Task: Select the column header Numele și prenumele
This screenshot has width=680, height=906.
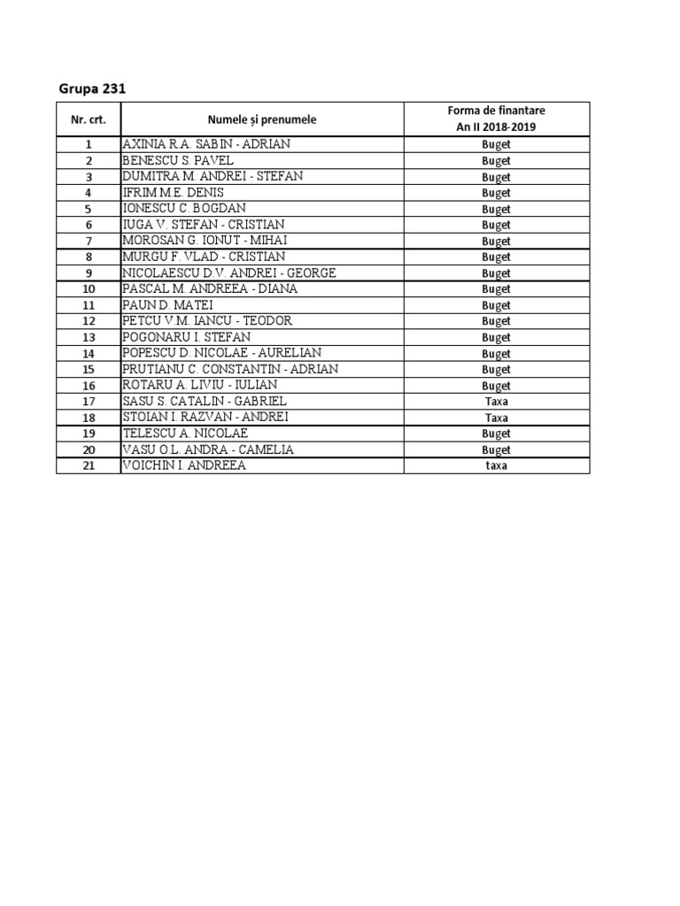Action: pos(262,119)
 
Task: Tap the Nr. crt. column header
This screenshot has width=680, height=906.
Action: pos(88,119)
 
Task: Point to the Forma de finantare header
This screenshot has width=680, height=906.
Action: pos(496,111)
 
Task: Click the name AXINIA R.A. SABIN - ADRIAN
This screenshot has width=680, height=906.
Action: pos(206,144)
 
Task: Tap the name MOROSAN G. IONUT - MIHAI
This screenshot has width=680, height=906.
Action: pos(205,241)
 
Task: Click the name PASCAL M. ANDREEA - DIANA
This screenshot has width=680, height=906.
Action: pos(211,288)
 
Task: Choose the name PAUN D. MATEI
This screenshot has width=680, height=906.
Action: pos(167,304)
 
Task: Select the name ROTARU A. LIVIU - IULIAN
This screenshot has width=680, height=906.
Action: pos(199,385)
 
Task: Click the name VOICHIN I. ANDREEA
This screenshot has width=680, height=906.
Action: pos(184,465)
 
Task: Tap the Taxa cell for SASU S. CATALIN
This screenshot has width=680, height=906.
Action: pos(496,402)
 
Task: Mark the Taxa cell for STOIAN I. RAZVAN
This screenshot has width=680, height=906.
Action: pos(496,418)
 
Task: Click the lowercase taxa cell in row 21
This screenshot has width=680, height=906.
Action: pos(496,466)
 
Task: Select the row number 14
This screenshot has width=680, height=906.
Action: pos(88,353)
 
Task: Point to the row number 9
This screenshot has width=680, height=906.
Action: pos(88,273)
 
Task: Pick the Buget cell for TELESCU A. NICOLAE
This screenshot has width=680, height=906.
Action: pos(496,434)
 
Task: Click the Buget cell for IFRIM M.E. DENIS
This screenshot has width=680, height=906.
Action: pos(496,193)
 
